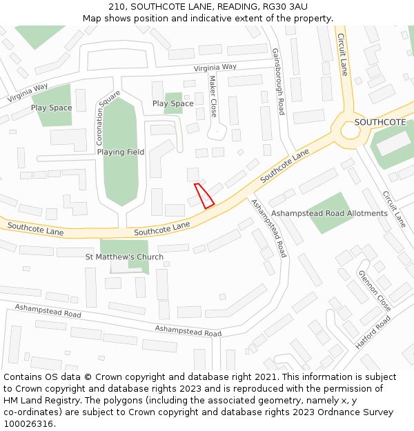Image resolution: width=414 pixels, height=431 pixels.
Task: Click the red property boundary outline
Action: (204, 195)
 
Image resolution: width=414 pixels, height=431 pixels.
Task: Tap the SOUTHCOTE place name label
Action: (379, 122)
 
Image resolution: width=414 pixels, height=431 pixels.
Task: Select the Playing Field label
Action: (121, 152)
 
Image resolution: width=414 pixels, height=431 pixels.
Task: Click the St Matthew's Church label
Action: (124, 257)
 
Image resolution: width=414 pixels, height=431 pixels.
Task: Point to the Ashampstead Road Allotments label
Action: (329, 214)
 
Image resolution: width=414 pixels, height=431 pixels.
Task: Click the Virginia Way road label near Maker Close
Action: (215, 68)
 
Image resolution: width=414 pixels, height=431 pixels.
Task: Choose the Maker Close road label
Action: (213, 96)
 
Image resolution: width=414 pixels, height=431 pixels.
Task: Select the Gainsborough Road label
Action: (277, 81)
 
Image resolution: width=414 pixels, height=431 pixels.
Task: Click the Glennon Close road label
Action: (374, 290)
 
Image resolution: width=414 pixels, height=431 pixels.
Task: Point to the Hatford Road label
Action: (373, 332)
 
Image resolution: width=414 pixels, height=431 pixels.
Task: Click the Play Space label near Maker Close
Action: (172, 103)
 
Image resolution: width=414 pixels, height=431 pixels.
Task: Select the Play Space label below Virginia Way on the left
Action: (51, 108)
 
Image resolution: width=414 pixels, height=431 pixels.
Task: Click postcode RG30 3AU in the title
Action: (280, 6)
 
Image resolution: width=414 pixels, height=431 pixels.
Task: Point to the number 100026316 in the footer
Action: (28, 424)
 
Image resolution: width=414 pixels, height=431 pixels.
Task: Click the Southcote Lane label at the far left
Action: (35, 229)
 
